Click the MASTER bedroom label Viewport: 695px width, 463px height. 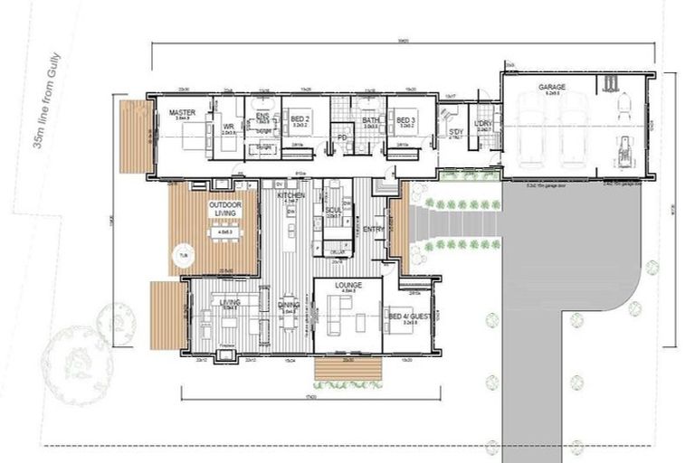click(182, 113)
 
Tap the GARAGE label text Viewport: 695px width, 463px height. click(552, 88)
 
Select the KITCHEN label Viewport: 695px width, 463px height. click(290, 195)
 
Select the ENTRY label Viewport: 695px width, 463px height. click(373, 230)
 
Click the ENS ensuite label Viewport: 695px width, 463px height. click(262, 115)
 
